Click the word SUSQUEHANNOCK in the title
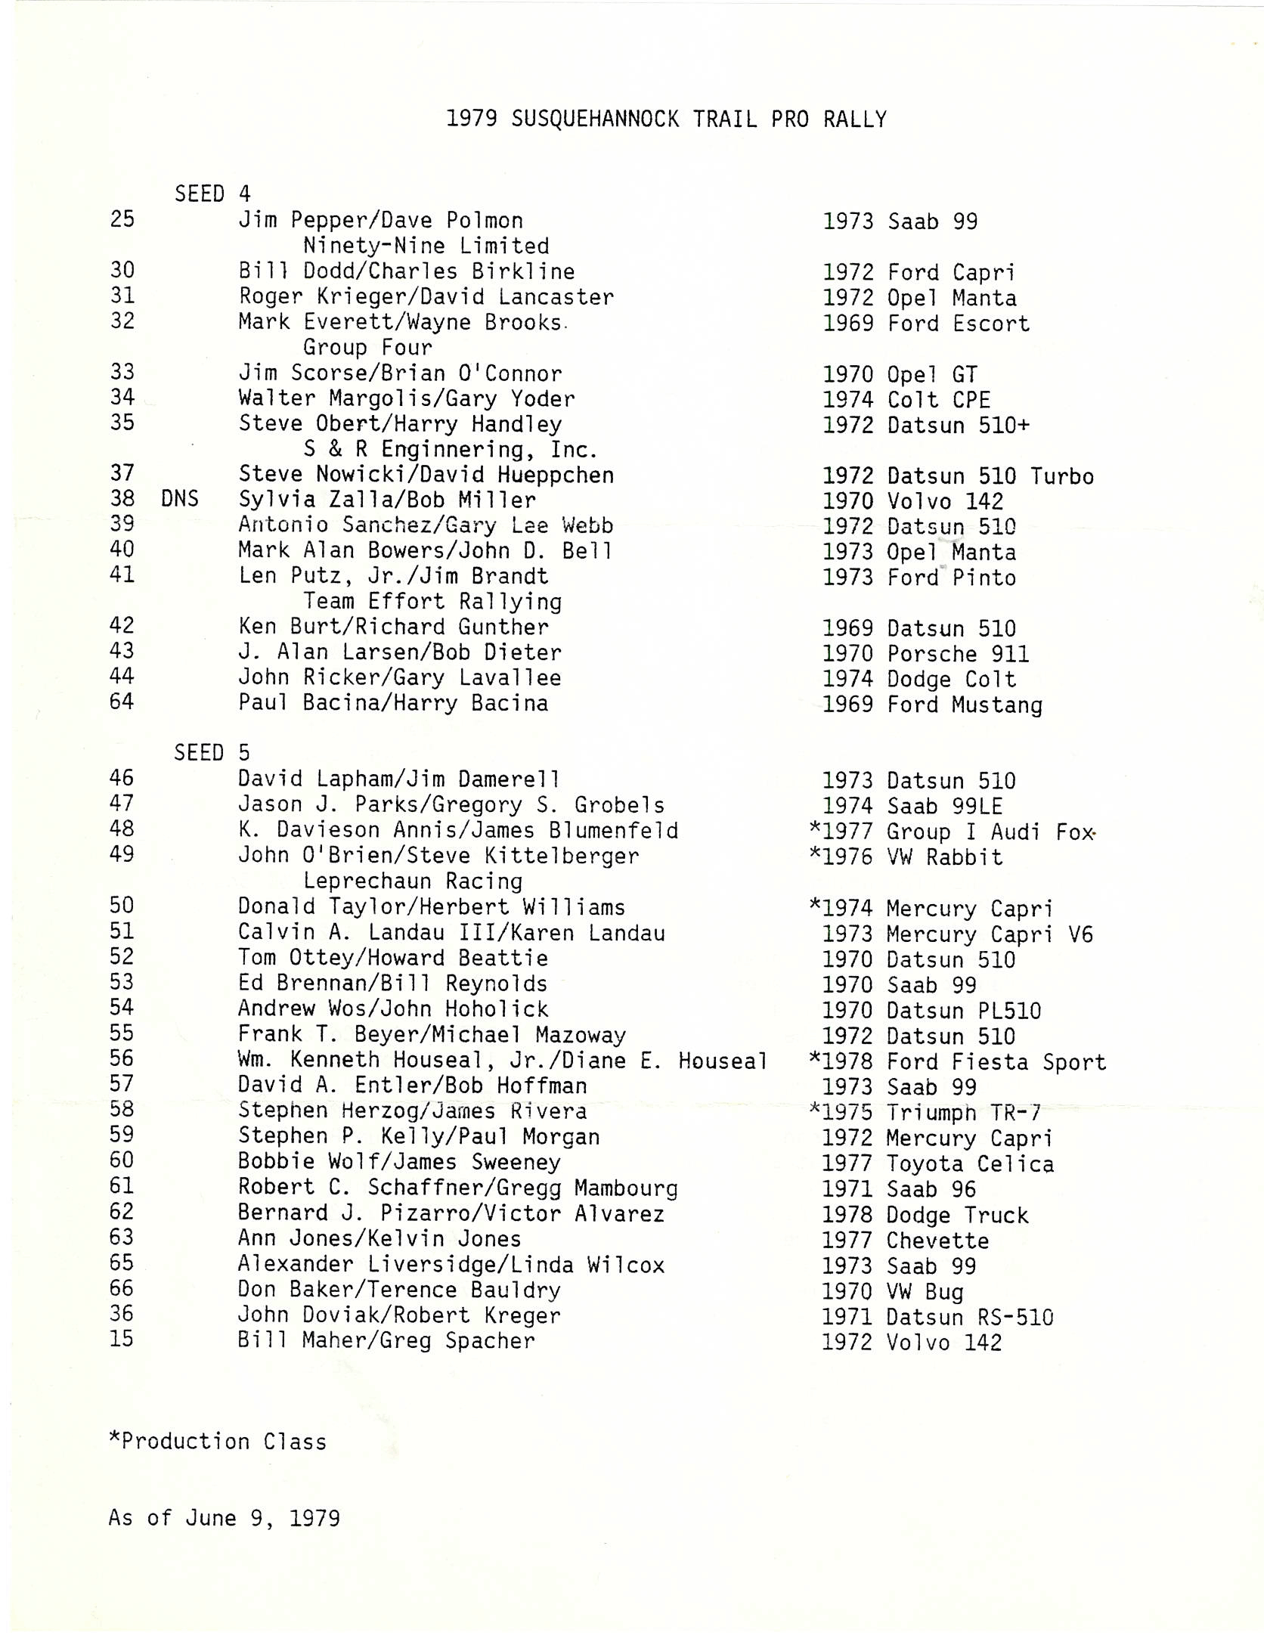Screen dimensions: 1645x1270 tap(595, 119)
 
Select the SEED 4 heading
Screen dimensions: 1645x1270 tap(212, 194)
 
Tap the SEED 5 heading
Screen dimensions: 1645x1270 tap(212, 753)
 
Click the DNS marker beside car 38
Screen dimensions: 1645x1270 tap(180, 499)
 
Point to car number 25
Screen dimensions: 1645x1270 tap(122, 219)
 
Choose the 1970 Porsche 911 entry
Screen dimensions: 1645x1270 tap(925, 654)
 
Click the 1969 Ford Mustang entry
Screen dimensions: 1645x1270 tap(932, 705)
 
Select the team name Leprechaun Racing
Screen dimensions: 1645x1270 tap(413, 881)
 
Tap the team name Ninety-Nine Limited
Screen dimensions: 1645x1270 tap(426, 246)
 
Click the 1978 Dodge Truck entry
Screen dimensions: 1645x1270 tap(925, 1216)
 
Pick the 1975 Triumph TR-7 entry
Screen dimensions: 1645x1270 tap(925, 1113)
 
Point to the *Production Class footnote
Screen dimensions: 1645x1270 tap(218, 1442)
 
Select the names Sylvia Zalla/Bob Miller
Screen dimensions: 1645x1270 tap(387, 500)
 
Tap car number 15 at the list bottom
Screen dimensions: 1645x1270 tap(122, 1339)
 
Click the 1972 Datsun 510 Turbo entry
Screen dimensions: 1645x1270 tap(958, 476)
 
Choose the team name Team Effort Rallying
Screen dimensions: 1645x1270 tap(432, 602)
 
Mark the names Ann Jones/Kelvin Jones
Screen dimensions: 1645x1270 tap(379, 1239)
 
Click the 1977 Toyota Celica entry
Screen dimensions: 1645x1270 tap(938, 1164)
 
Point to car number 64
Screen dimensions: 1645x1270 tap(122, 702)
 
